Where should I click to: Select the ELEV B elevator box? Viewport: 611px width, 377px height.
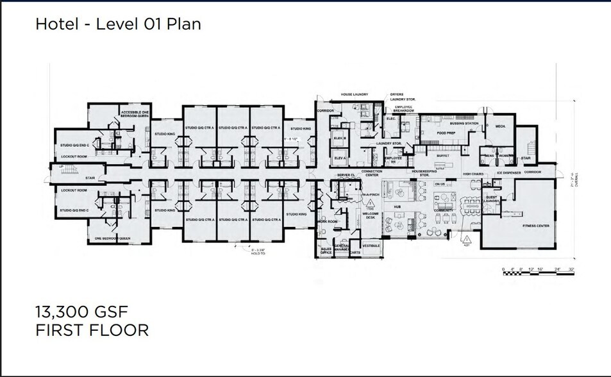click(340, 139)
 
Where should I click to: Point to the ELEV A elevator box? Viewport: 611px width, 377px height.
click(340, 158)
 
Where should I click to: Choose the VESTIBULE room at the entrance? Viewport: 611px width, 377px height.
click(371, 246)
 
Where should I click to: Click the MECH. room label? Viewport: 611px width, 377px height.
click(500, 126)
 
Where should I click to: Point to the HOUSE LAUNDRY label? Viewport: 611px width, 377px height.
click(354, 94)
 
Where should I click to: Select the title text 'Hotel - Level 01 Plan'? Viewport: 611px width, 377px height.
click(118, 24)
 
